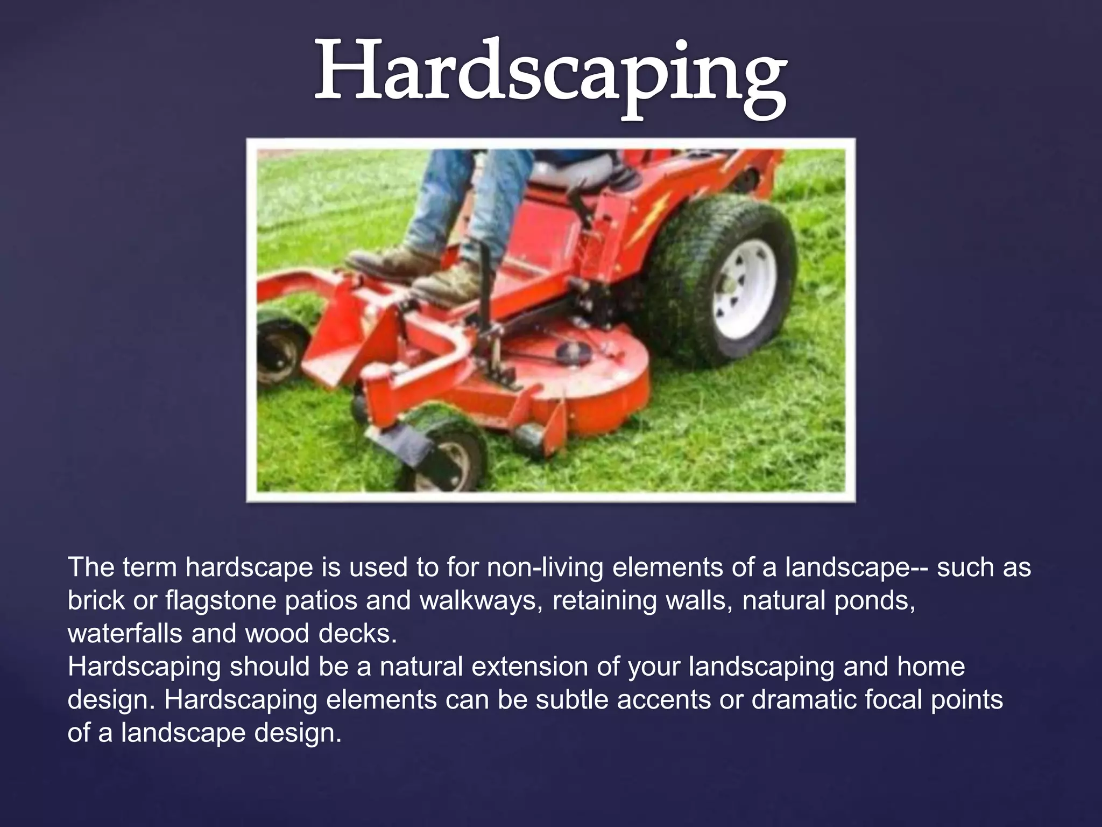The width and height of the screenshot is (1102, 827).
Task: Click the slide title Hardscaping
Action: point(550,75)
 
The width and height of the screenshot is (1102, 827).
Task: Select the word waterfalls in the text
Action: point(125,634)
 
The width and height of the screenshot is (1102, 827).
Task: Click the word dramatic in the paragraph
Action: point(803,700)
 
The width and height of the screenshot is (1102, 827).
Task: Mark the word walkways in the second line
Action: point(481,601)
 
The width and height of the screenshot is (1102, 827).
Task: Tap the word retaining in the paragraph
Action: point(604,601)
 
